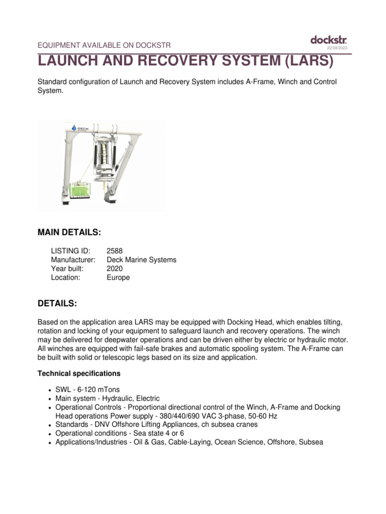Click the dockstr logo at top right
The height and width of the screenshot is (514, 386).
pyautogui.click(x=328, y=40)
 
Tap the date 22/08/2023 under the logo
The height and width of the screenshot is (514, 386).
pyautogui.click(x=337, y=48)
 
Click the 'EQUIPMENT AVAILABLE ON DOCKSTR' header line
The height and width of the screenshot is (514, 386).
pyautogui.click(x=105, y=45)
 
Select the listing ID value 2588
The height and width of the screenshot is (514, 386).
pyautogui.click(x=115, y=250)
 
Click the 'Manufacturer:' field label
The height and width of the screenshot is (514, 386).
pyautogui.click(x=73, y=260)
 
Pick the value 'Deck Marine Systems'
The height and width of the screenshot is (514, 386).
pyautogui.click(x=141, y=260)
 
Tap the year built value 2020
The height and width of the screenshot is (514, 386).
pyautogui.click(x=115, y=269)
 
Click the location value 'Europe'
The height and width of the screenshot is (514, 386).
pyautogui.click(x=118, y=278)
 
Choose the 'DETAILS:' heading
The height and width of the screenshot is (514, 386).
pyautogui.click(x=57, y=304)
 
